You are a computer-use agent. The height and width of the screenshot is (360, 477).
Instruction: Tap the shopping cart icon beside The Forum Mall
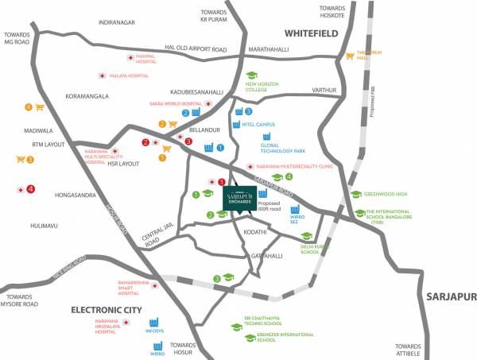coord(349,56)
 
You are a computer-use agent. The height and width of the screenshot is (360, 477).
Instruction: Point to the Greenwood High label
coord(386,194)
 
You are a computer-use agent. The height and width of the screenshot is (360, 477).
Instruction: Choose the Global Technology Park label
coord(284,148)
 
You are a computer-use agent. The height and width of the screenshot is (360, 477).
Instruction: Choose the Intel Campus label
coord(258,125)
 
